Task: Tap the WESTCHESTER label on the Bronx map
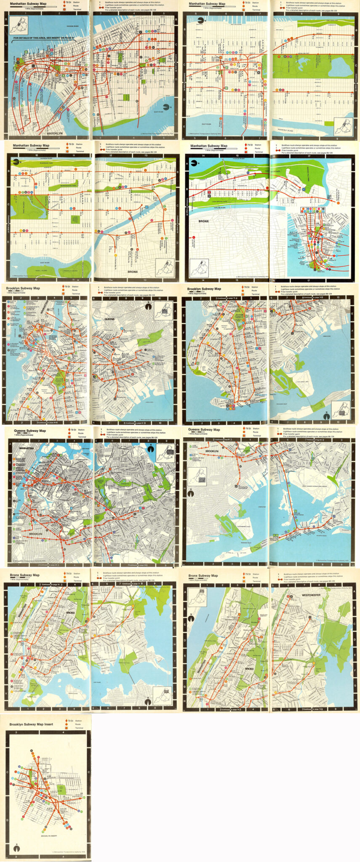[311, 595]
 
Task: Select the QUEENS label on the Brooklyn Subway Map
[109, 319]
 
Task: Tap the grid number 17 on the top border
[309, 156]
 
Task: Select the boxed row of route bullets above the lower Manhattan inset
[313, 209]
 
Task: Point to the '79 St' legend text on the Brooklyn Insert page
[70, 721]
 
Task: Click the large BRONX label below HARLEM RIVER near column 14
[204, 221]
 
